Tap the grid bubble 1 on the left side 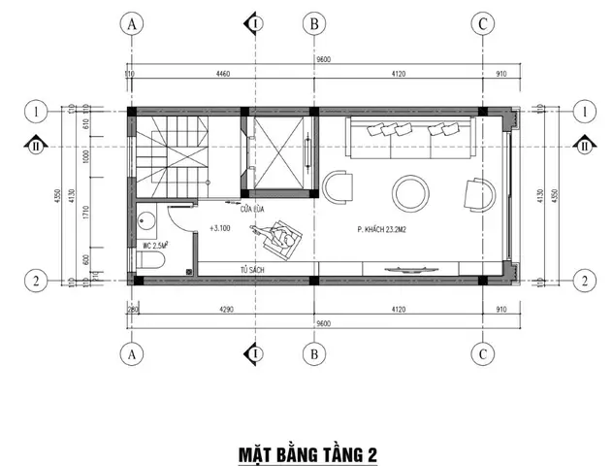35,111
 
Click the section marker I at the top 254,23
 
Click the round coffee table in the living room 407,191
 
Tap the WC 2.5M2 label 153,246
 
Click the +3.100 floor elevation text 218,229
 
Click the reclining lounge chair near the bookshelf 278,235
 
